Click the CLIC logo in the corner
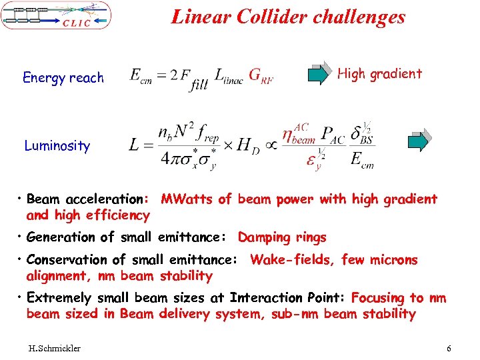[x=56, y=15]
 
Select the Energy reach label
[x=63, y=78]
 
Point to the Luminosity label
[x=57, y=146]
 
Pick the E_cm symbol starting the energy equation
[x=142, y=75]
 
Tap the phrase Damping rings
[x=282, y=237]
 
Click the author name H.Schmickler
[x=55, y=349]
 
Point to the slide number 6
[x=449, y=349]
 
